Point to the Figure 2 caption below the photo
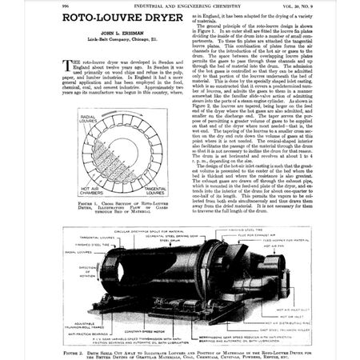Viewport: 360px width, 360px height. (179, 348)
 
